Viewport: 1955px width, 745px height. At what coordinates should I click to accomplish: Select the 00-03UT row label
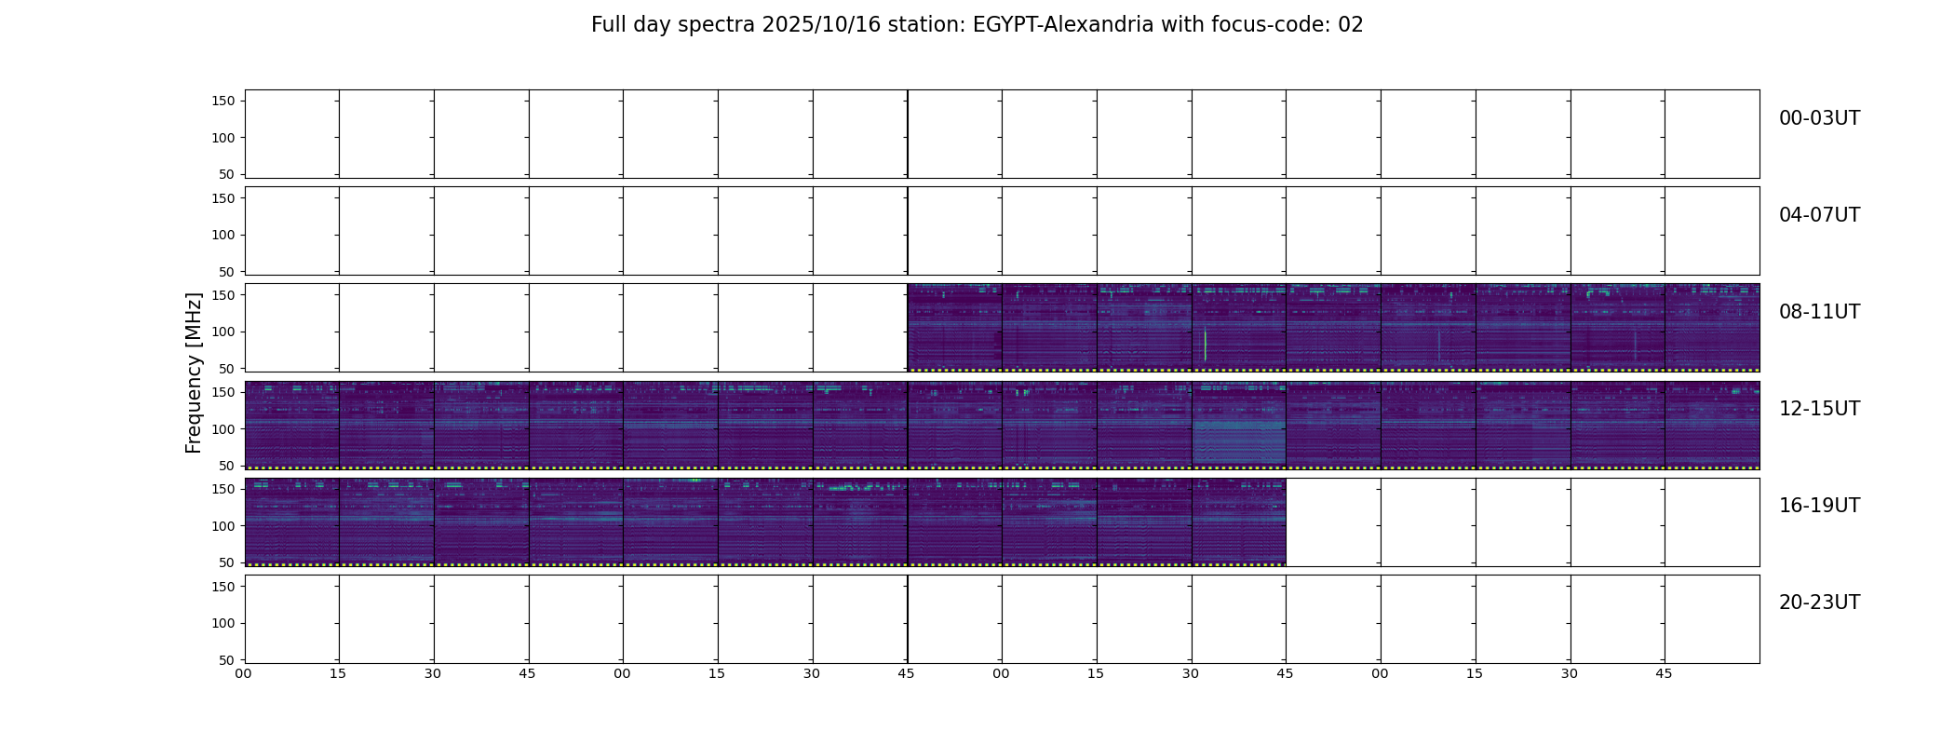tap(1819, 118)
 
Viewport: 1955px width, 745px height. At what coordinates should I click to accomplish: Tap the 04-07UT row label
tap(1819, 215)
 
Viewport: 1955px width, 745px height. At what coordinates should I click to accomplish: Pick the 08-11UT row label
tap(1819, 312)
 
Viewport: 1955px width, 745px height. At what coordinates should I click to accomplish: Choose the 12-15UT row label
tap(1819, 409)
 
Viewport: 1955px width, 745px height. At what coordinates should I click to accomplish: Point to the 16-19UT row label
tap(1819, 506)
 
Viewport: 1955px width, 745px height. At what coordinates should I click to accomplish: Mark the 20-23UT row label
tap(1819, 603)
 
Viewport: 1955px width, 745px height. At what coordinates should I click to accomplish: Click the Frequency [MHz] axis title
tap(194, 372)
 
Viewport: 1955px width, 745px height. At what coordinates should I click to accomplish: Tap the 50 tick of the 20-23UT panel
tap(226, 660)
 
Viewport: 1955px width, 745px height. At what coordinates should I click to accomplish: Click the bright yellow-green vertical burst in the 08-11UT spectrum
tap(1205, 345)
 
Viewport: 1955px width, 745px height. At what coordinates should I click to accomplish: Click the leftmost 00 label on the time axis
tap(244, 673)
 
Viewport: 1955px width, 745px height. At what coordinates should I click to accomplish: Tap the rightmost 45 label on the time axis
tap(1664, 673)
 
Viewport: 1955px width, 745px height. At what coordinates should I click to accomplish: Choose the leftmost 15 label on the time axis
tap(338, 673)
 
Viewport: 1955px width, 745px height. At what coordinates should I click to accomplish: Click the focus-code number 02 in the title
tap(1351, 25)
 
